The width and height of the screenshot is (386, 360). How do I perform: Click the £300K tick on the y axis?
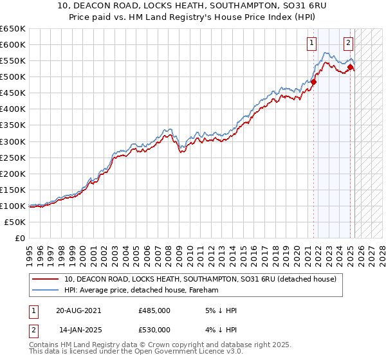(x=13, y=141)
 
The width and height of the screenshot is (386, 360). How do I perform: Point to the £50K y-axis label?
(x=15, y=222)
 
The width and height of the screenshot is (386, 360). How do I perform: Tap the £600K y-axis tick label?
(x=13, y=44)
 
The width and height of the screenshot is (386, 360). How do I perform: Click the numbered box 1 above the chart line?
(x=311, y=44)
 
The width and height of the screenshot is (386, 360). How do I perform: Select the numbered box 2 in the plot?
(x=348, y=44)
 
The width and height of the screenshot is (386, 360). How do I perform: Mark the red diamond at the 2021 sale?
(x=314, y=82)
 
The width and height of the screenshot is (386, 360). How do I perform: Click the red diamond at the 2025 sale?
(x=350, y=67)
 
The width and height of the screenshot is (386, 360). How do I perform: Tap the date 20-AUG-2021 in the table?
(x=78, y=310)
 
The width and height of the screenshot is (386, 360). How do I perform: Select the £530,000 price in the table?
(x=154, y=330)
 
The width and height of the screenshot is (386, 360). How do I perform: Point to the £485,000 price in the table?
(x=154, y=310)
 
